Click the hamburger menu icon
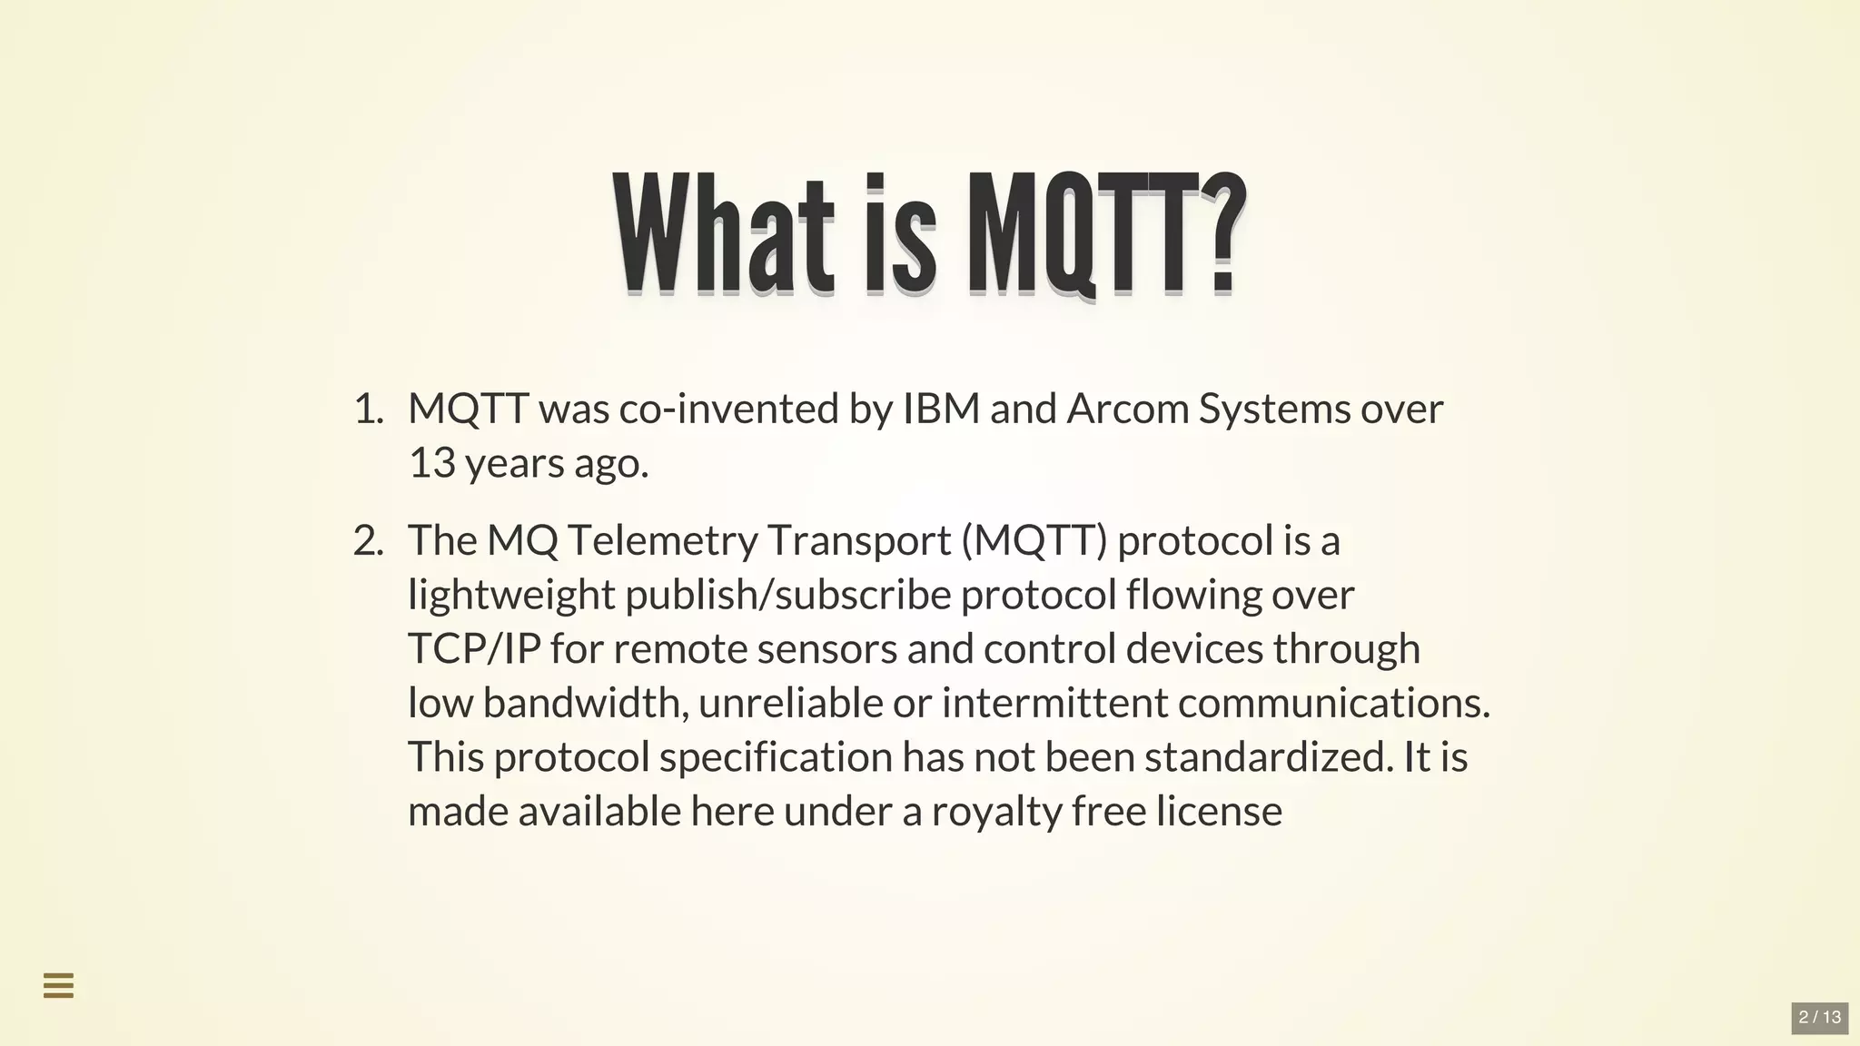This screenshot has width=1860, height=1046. click(59, 985)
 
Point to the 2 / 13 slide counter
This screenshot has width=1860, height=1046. click(1819, 1017)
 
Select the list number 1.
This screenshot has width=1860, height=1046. click(367, 410)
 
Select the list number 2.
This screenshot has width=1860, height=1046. click(367, 541)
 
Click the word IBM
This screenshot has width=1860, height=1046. click(941, 410)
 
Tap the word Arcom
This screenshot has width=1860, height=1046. click(1127, 410)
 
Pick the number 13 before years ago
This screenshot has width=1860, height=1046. click(431, 463)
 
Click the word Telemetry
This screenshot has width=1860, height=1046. click(662, 541)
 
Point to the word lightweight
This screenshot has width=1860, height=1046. click(511, 596)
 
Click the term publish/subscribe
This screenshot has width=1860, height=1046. click(788, 596)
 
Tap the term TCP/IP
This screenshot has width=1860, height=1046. click(474, 649)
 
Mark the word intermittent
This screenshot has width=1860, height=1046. click(1054, 703)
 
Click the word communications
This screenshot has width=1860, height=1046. click(1333, 703)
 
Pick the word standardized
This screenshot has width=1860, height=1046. click(1268, 757)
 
